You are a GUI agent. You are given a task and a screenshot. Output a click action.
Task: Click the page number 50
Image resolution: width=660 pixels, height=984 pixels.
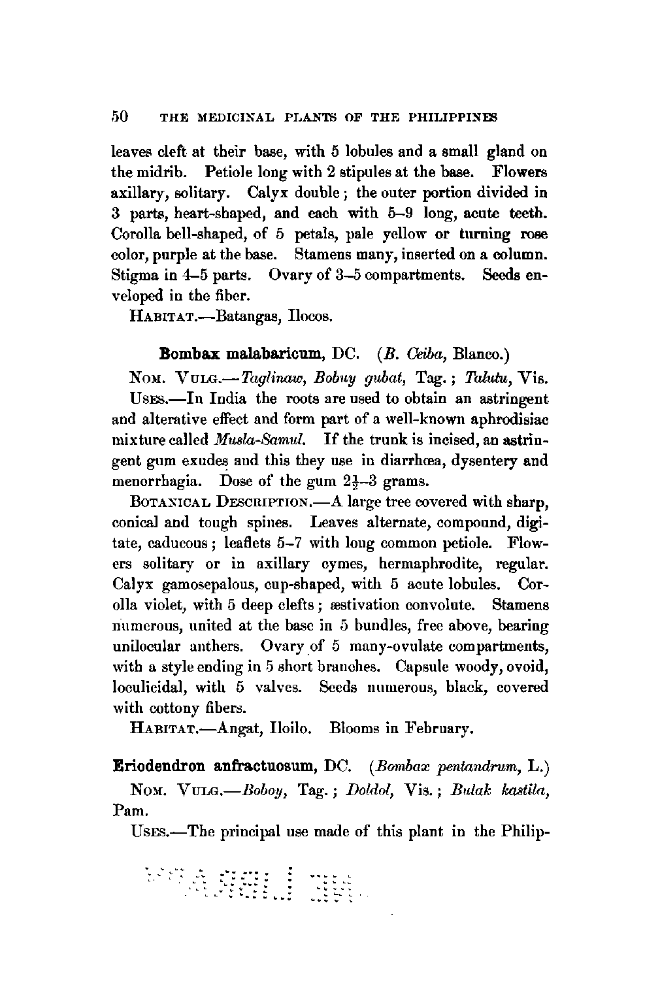pyautogui.click(x=120, y=117)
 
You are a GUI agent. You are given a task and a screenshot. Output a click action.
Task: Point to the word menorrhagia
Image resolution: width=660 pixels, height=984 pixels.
pyautogui.click(x=152, y=482)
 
